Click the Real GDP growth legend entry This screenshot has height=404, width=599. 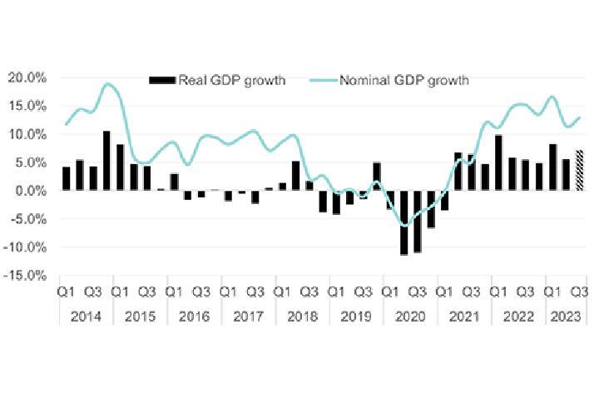coord(217,80)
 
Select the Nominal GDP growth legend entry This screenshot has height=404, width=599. coord(389,80)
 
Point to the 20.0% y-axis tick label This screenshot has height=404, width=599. coord(27,77)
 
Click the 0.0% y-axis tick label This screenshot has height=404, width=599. coord(31,191)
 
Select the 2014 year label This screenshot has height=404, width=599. coord(85,317)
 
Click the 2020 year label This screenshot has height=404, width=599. coord(410,317)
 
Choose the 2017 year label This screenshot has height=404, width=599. coord(247,317)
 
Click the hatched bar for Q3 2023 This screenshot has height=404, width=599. coord(580,171)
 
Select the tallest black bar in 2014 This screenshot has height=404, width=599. coord(106,161)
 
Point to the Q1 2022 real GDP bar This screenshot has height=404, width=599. coord(498,163)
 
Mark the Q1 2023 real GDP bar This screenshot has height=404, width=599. coord(552,167)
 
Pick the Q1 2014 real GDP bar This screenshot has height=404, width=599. coord(67,179)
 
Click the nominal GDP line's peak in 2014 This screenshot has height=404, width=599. coord(107,83)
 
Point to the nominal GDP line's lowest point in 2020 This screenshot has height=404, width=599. coord(405,225)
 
